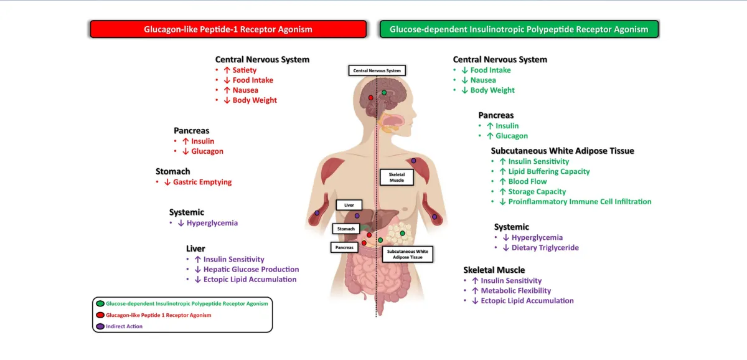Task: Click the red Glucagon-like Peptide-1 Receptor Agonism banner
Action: pos(228,29)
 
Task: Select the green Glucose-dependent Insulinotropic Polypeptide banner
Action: pos(519,29)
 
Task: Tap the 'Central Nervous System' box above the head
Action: pos(377,70)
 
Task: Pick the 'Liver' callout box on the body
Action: pos(349,204)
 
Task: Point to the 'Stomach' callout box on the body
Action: pos(346,229)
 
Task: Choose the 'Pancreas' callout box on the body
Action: pos(345,247)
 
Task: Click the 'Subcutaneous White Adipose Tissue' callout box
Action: pos(407,253)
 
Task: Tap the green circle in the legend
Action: pos(100,304)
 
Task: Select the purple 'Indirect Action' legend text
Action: pos(125,326)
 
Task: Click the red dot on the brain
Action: pos(371,98)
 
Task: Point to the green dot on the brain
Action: pos(384,93)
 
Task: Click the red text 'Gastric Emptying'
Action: pos(202,182)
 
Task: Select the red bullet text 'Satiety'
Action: pos(245,70)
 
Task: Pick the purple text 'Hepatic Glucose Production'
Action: pos(251,269)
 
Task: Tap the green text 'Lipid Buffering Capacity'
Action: pos(548,171)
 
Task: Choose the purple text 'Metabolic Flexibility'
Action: pos(515,290)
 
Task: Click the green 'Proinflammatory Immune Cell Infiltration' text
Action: pos(580,201)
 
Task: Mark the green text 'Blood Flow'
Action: pos(527,181)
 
